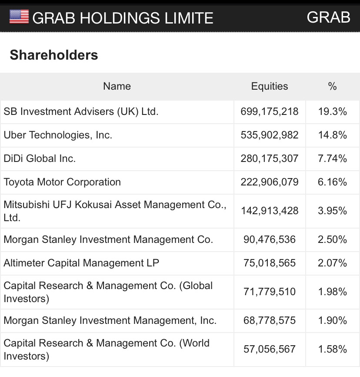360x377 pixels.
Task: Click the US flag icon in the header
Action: point(19,17)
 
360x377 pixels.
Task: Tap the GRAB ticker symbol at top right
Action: point(328,17)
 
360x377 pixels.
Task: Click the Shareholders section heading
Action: point(54,55)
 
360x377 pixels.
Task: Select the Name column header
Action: point(117,86)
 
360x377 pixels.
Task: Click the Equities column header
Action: point(270,86)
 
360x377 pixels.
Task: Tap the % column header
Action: point(333,86)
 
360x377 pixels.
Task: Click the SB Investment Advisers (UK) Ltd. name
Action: point(81,111)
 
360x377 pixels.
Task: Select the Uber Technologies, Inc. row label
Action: point(58,135)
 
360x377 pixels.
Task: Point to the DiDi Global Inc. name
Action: point(40,158)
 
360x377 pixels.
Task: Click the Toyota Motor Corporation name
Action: point(62,182)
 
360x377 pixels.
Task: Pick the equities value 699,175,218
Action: point(270,111)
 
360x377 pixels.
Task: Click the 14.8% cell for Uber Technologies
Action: point(333,135)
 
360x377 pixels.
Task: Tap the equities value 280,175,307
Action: point(270,158)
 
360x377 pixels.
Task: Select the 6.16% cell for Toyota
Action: point(333,182)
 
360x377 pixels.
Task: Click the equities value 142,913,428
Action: point(270,211)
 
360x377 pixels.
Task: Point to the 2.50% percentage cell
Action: point(333,239)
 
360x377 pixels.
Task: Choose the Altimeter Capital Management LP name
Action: point(81,263)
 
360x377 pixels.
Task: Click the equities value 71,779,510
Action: point(270,292)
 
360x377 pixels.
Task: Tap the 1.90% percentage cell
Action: point(333,320)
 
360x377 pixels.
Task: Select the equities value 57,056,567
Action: point(270,349)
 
